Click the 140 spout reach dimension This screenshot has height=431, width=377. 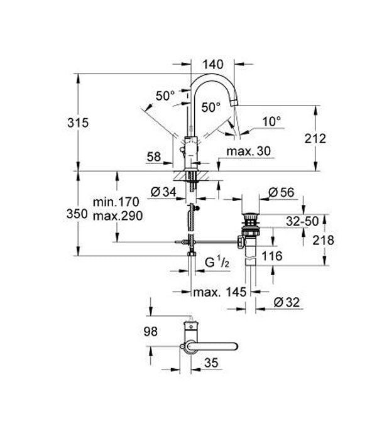(x=212, y=63)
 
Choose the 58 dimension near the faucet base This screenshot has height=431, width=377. (x=154, y=157)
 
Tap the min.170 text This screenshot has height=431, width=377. (x=116, y=202)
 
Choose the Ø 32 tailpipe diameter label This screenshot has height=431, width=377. (x=287, y=302)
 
